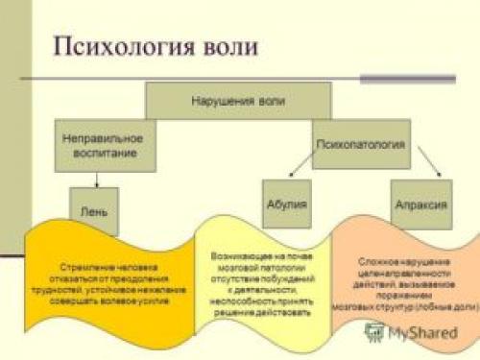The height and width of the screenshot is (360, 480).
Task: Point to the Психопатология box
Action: pos(361,146)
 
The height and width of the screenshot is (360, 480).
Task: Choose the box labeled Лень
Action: pos(94,210)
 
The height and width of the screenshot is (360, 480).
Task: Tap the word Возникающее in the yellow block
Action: pos(237,257)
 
